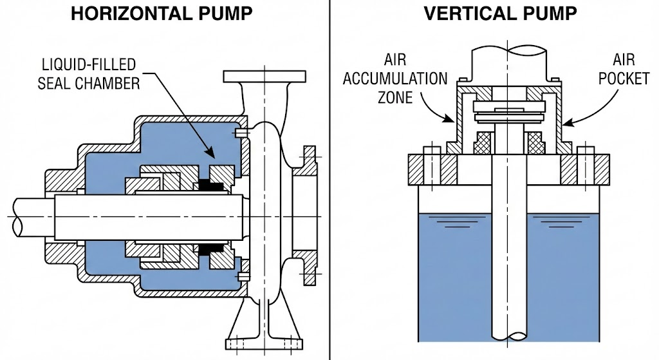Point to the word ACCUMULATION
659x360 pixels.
click(395, 79)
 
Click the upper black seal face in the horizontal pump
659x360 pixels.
click(210, 185)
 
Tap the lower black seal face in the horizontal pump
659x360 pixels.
click(210, 248)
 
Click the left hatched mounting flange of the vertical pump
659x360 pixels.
click(433, 169)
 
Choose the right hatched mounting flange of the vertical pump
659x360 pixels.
click(585, 169)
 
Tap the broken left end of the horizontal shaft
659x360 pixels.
click(19, 217)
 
